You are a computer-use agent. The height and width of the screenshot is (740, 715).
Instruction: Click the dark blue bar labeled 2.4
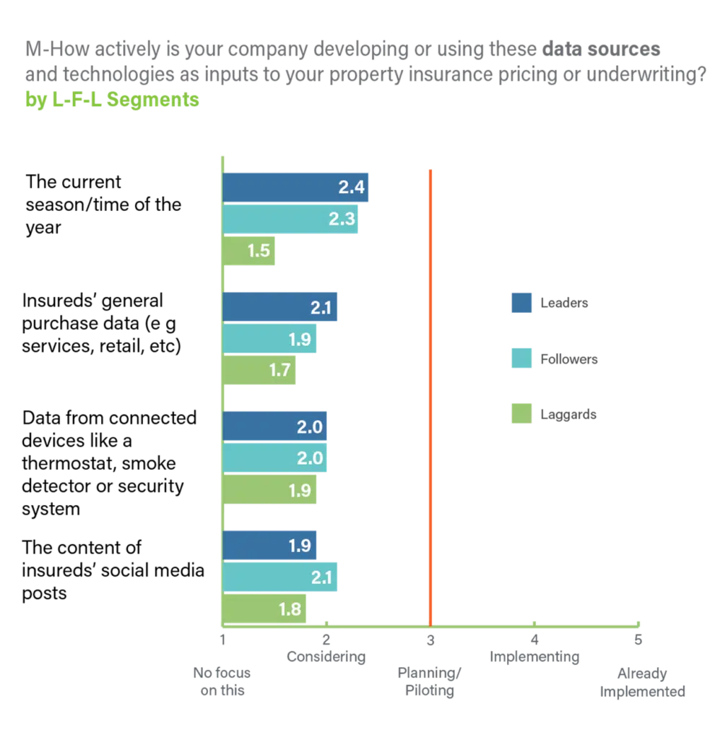(295, 188)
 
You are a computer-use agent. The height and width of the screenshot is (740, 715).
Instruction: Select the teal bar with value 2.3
(290, 219)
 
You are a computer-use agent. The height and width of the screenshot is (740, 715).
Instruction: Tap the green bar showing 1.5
(250, 251)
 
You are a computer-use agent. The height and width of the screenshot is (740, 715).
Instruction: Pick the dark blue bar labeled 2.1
(281, 307)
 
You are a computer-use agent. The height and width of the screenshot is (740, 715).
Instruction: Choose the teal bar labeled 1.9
(269, 339)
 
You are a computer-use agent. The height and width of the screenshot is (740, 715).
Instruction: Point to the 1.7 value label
(279, 371)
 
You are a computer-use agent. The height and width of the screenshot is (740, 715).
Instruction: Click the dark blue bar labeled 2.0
(275, 426)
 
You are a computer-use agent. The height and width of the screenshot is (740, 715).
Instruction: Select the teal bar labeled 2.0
(275, 457)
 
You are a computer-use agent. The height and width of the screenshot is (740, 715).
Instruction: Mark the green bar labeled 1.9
(269, 489)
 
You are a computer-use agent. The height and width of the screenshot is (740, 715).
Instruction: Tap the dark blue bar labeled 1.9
(269, 545)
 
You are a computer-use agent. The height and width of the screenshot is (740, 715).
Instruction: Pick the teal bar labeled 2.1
(281, 577)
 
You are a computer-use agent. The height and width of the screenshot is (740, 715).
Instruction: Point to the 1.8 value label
(290, 608)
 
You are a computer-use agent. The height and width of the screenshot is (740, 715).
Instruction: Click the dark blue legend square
(521, 304)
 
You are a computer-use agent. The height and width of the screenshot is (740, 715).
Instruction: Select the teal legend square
(521, 359)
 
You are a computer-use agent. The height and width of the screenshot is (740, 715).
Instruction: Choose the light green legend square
(521, 414)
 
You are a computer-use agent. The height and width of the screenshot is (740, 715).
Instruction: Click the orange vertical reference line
(430, 397)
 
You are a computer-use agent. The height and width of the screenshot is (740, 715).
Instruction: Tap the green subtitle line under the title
(112, 101)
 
